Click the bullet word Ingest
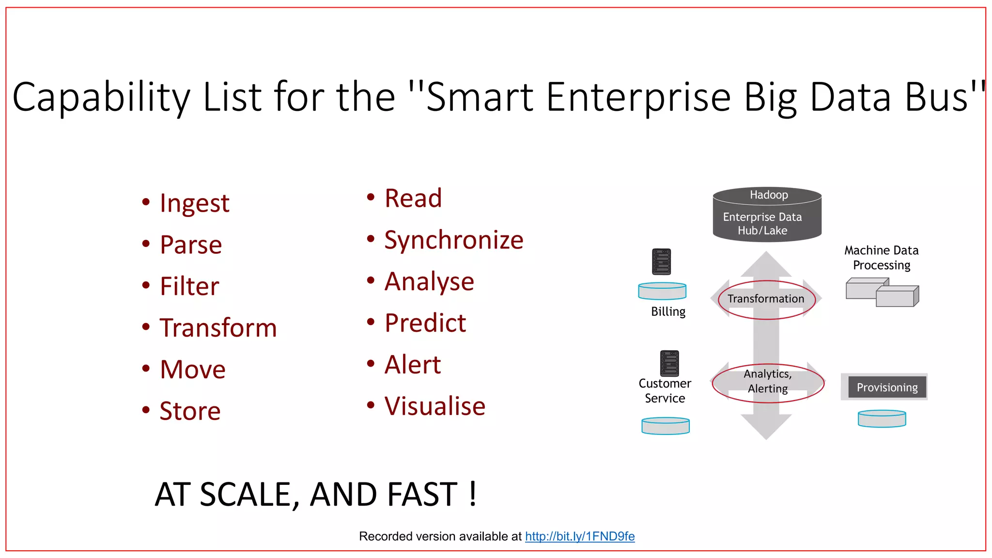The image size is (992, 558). (194, 203)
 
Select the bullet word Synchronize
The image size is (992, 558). (453, 240)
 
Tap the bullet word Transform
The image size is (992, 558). (218, 328)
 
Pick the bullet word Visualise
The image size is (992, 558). (434, 406)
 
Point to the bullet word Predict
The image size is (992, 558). (425, 323)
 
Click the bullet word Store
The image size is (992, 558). (190, 411)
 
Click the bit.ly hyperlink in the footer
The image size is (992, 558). (579, 536)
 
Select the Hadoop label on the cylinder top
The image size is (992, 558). (769, 195)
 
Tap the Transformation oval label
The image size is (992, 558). (766, 299)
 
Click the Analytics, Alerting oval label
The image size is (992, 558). (768, 381)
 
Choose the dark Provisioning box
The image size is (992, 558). (887, 387)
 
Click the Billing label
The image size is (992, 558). (668, 311)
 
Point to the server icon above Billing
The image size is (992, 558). (661, 262)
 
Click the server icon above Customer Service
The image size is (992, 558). (669, 363)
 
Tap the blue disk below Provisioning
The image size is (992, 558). (882, 418)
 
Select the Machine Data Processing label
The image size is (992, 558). (881, 258)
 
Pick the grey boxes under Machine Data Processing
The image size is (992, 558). (882, 292)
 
